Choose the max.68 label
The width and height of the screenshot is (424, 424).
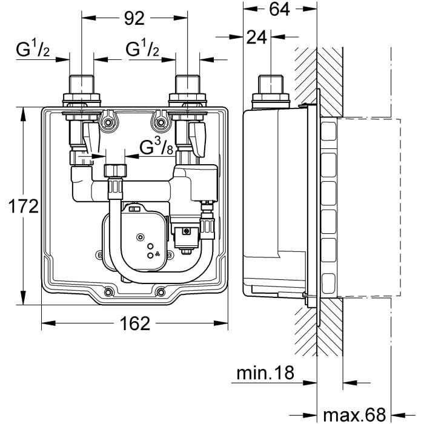354,414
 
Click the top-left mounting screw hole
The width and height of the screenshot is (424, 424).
108,124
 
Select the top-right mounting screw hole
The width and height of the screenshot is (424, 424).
161,124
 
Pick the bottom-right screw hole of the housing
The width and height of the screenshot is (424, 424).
160,292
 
